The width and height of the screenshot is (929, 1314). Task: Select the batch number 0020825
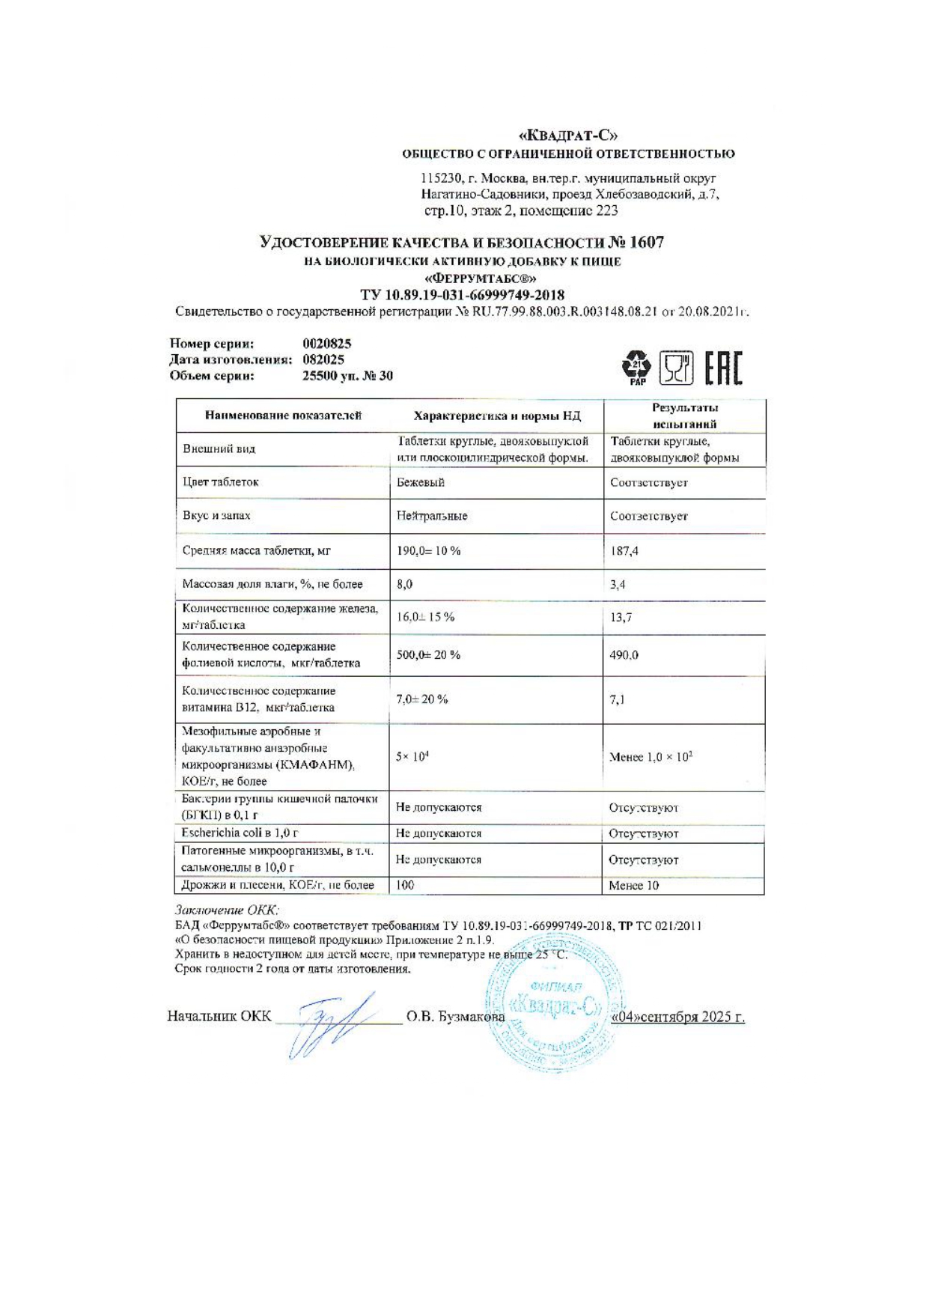[x=326, y=344]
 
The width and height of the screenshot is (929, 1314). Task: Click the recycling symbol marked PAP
[x=637, y=367]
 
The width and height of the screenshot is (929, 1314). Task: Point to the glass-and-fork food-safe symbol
[x=675, y=368]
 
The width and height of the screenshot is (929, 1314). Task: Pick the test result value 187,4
[x=624, y=551]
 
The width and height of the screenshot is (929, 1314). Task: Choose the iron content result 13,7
[x=621, y=618]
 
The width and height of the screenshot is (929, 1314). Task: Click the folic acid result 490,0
[x=624, y=655]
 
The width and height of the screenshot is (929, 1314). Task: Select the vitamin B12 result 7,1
[x=618, y=700]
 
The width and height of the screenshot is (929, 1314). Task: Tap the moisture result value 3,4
[x=618, y=585]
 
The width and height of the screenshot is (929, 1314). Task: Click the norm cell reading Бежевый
[x=421, y=483]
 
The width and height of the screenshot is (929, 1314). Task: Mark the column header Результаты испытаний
[x=684, y=416]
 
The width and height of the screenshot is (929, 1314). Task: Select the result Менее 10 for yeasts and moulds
[x=633, y=886]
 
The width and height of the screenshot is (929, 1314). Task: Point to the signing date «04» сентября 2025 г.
[x=677, y=1017]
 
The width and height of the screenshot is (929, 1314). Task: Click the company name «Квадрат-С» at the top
[x=568, y=136]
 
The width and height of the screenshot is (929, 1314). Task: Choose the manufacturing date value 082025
[x=323, y=359]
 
